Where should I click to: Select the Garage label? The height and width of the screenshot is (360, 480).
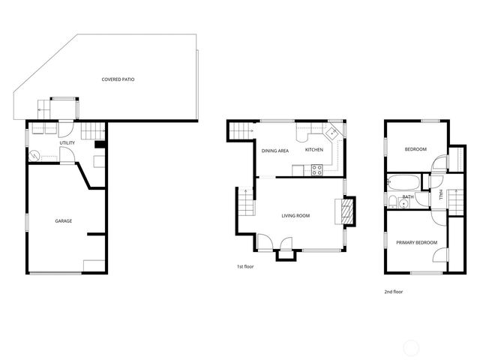[63, 220]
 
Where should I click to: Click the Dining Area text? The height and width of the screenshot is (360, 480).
[275, 151]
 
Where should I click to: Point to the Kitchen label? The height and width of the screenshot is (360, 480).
[314, 149]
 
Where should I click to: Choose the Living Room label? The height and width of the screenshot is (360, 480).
[295, 216]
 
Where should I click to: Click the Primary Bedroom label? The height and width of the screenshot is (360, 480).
[416, 241]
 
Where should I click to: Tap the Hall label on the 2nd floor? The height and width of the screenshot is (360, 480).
[441, 195]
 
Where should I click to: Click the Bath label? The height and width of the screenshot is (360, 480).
[408, 197]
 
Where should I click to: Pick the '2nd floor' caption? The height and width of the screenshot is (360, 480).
[393, 292]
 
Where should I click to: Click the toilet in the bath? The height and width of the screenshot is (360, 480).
[392, 199]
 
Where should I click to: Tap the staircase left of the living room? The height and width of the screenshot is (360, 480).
[244, 200]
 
